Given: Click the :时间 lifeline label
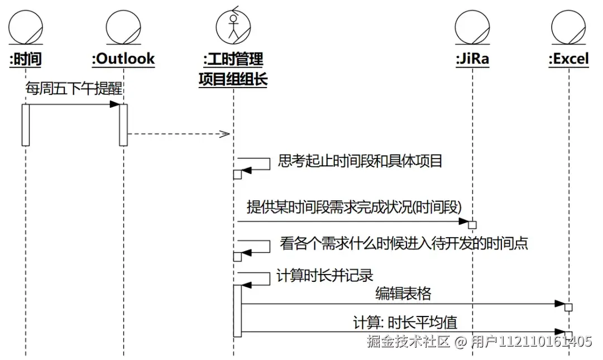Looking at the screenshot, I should click(x=26, y=59).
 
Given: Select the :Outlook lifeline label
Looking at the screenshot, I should click(x=123, y=59).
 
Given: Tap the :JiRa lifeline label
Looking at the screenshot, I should click(x=472, y=59).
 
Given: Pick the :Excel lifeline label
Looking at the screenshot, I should click(x=568, y=59).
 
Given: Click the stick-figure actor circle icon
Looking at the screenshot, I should click(x=233, y=27).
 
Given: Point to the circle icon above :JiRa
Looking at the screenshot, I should click(x=472, y=26).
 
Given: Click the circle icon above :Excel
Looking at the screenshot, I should click(x=568, y=26).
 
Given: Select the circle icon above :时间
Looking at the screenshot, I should click(x=26, y=26).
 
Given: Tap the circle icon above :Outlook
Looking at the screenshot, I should click(x=123, y=26).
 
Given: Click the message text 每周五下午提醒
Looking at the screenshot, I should click(x=74, y=88).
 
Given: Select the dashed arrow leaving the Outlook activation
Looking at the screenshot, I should click(x=179, y=134).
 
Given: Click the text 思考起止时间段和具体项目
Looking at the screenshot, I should click(x=360, y=162).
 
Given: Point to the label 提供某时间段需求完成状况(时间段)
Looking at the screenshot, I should click(x=354, y=207).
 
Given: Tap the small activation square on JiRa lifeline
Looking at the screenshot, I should click(x=472, y=224).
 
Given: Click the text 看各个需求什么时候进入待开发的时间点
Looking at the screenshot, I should click(x=404, y=244).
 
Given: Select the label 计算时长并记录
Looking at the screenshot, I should click(x=324, y=276).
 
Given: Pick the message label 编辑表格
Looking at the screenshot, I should click(x=403, y=293).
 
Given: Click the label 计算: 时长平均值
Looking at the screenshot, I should click(x=405, y=323).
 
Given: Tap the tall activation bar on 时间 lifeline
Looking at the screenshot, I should click(x=26, y=124).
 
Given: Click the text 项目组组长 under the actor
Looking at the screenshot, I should click(x=233, y=79).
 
